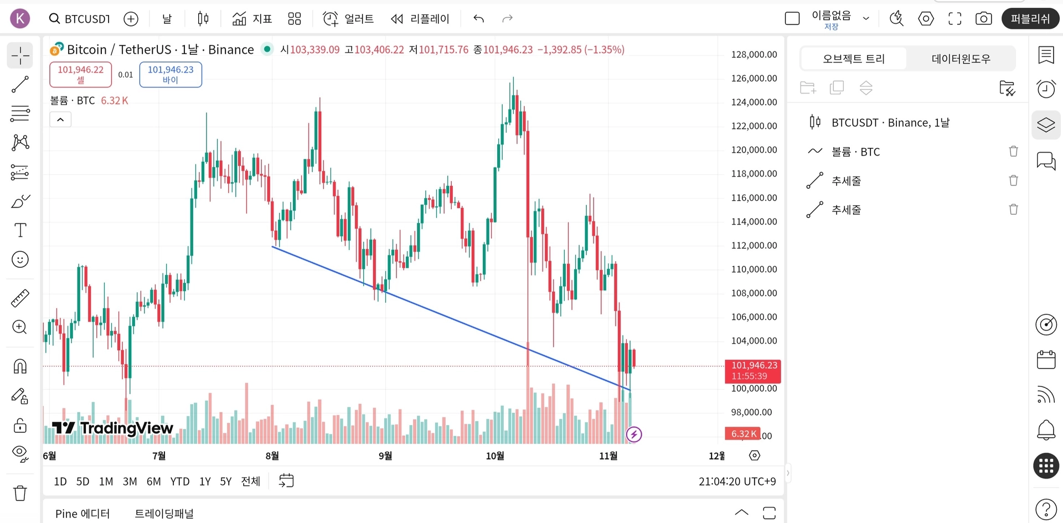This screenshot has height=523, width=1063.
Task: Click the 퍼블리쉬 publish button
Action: click(1030, 19)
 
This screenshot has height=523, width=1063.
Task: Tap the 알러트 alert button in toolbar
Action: click(348, 19)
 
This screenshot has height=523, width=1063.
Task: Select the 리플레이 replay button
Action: click(420, 19)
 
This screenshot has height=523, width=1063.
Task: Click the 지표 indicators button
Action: click(252, 19)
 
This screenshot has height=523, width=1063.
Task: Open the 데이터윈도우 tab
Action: click(961, 59)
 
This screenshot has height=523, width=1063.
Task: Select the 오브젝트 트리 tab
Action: click(854, 59)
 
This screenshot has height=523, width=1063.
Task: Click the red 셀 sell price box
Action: click(81, 74)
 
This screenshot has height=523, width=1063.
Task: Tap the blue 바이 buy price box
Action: click(171, 74)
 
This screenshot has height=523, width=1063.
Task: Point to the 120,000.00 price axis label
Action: click(754, 149)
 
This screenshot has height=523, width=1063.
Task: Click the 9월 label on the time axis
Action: click(385, 455)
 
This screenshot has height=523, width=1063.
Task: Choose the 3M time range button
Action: click(130, 481)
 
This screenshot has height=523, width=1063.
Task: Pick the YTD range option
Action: click(180, 481)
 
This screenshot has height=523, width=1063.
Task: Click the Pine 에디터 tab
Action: click(82, 514)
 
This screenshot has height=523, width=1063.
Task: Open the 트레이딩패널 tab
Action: click(164, 514)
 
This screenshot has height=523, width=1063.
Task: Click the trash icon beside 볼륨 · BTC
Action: click(1013, 152)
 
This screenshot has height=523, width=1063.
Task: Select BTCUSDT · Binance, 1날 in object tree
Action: click(890, 122)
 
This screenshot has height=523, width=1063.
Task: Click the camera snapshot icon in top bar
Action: click(983, 19)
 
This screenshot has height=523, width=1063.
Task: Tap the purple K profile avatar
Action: click(20, 19)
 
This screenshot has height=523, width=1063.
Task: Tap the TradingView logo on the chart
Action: click(113, 428)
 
